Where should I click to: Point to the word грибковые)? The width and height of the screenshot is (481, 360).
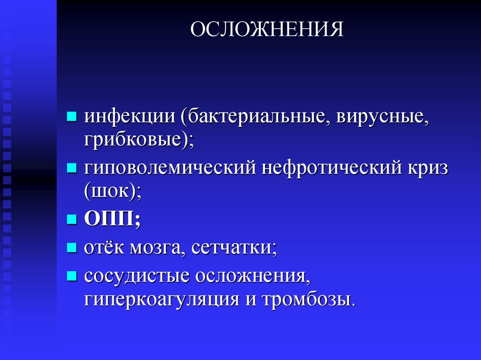point(139,140)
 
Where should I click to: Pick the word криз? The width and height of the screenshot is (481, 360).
point(426,168)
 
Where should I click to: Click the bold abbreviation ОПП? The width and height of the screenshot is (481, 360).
point(112,219)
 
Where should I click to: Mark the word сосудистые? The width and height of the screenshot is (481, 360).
point(136,276)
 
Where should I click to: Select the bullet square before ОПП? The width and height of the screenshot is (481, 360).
point(72,219)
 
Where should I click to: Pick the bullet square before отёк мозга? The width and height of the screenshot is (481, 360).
point(72,247)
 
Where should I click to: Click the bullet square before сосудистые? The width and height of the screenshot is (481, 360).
point(72,275)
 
